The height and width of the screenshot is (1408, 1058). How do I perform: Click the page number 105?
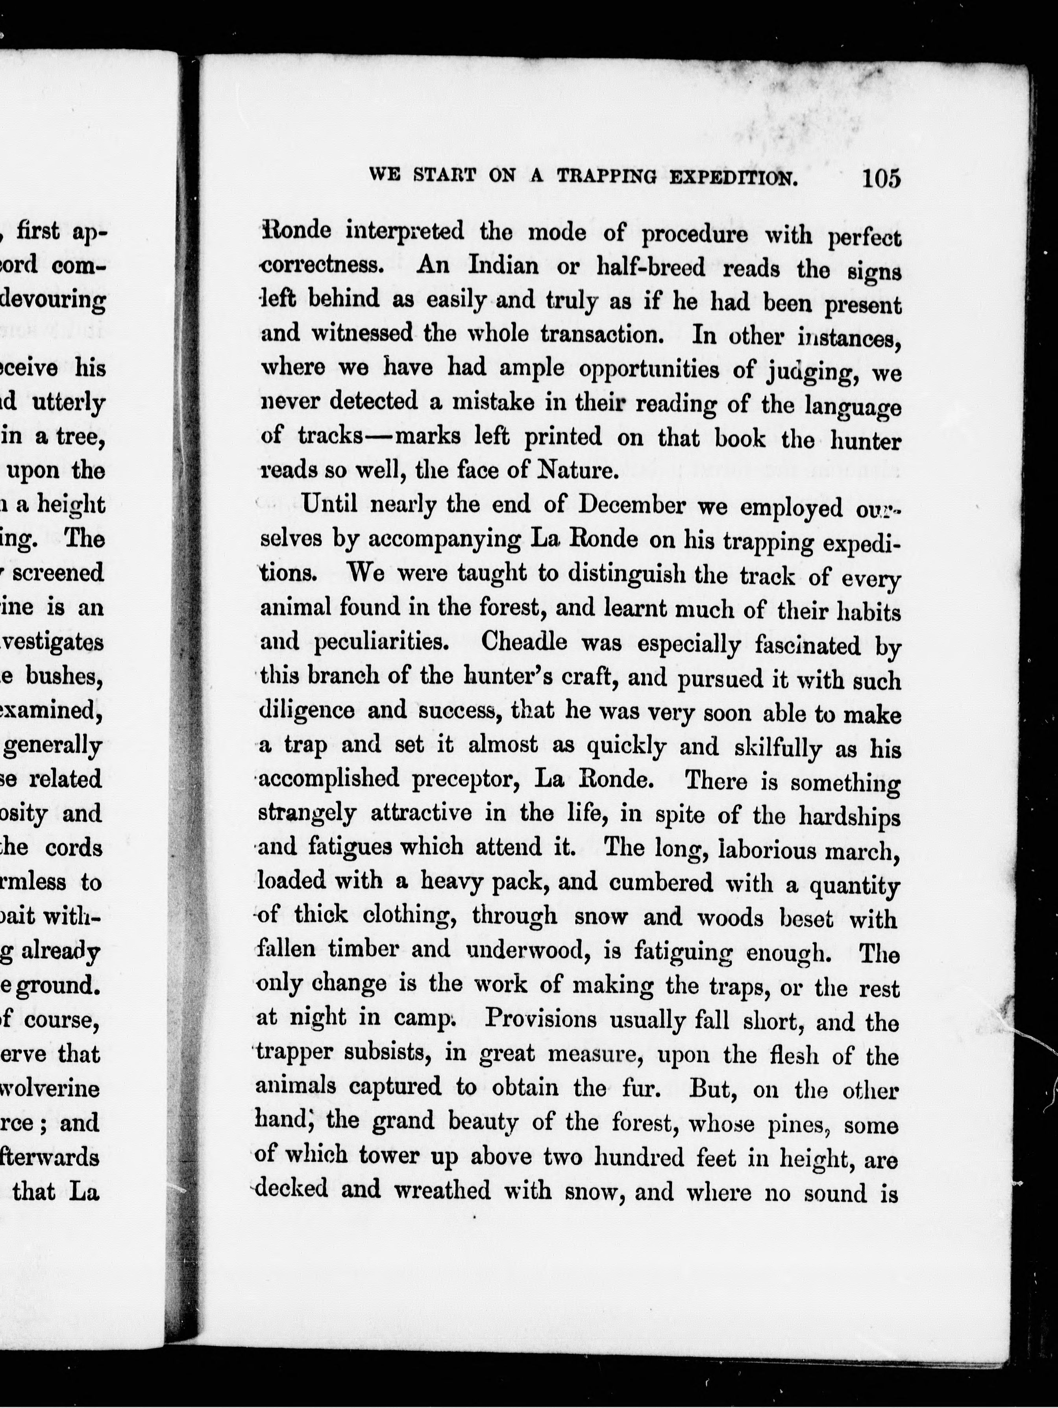881,178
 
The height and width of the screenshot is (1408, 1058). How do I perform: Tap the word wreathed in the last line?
442,1189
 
